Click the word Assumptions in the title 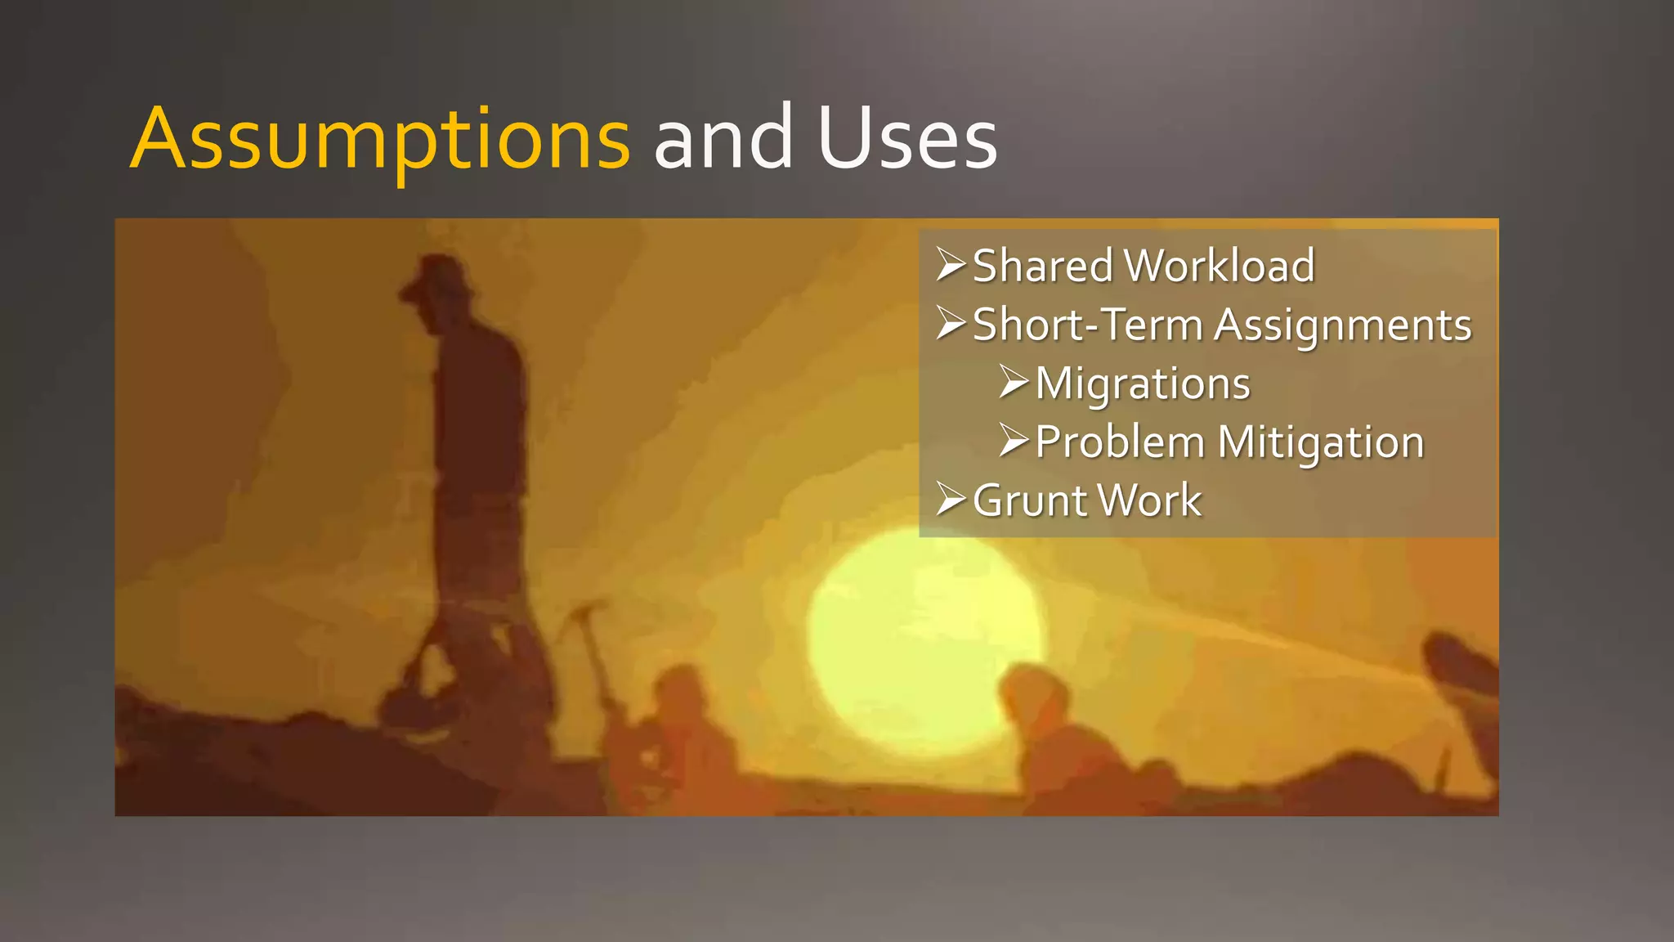click(x=380, y=139)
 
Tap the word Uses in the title click(x=907, y=139)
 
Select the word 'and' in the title click(x=723, y=139)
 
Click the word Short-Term click(x=1087, y=325)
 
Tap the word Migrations click(x=1143, y=384)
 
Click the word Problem click(x=1120, y=442)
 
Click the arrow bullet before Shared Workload click(x=951, y=265)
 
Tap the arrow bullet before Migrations click(x=1014, y=383)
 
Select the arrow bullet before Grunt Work click(x=951, y=500)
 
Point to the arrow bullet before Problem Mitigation click(x=1014, y=442)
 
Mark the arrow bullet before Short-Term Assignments click(x=951, y=324)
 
